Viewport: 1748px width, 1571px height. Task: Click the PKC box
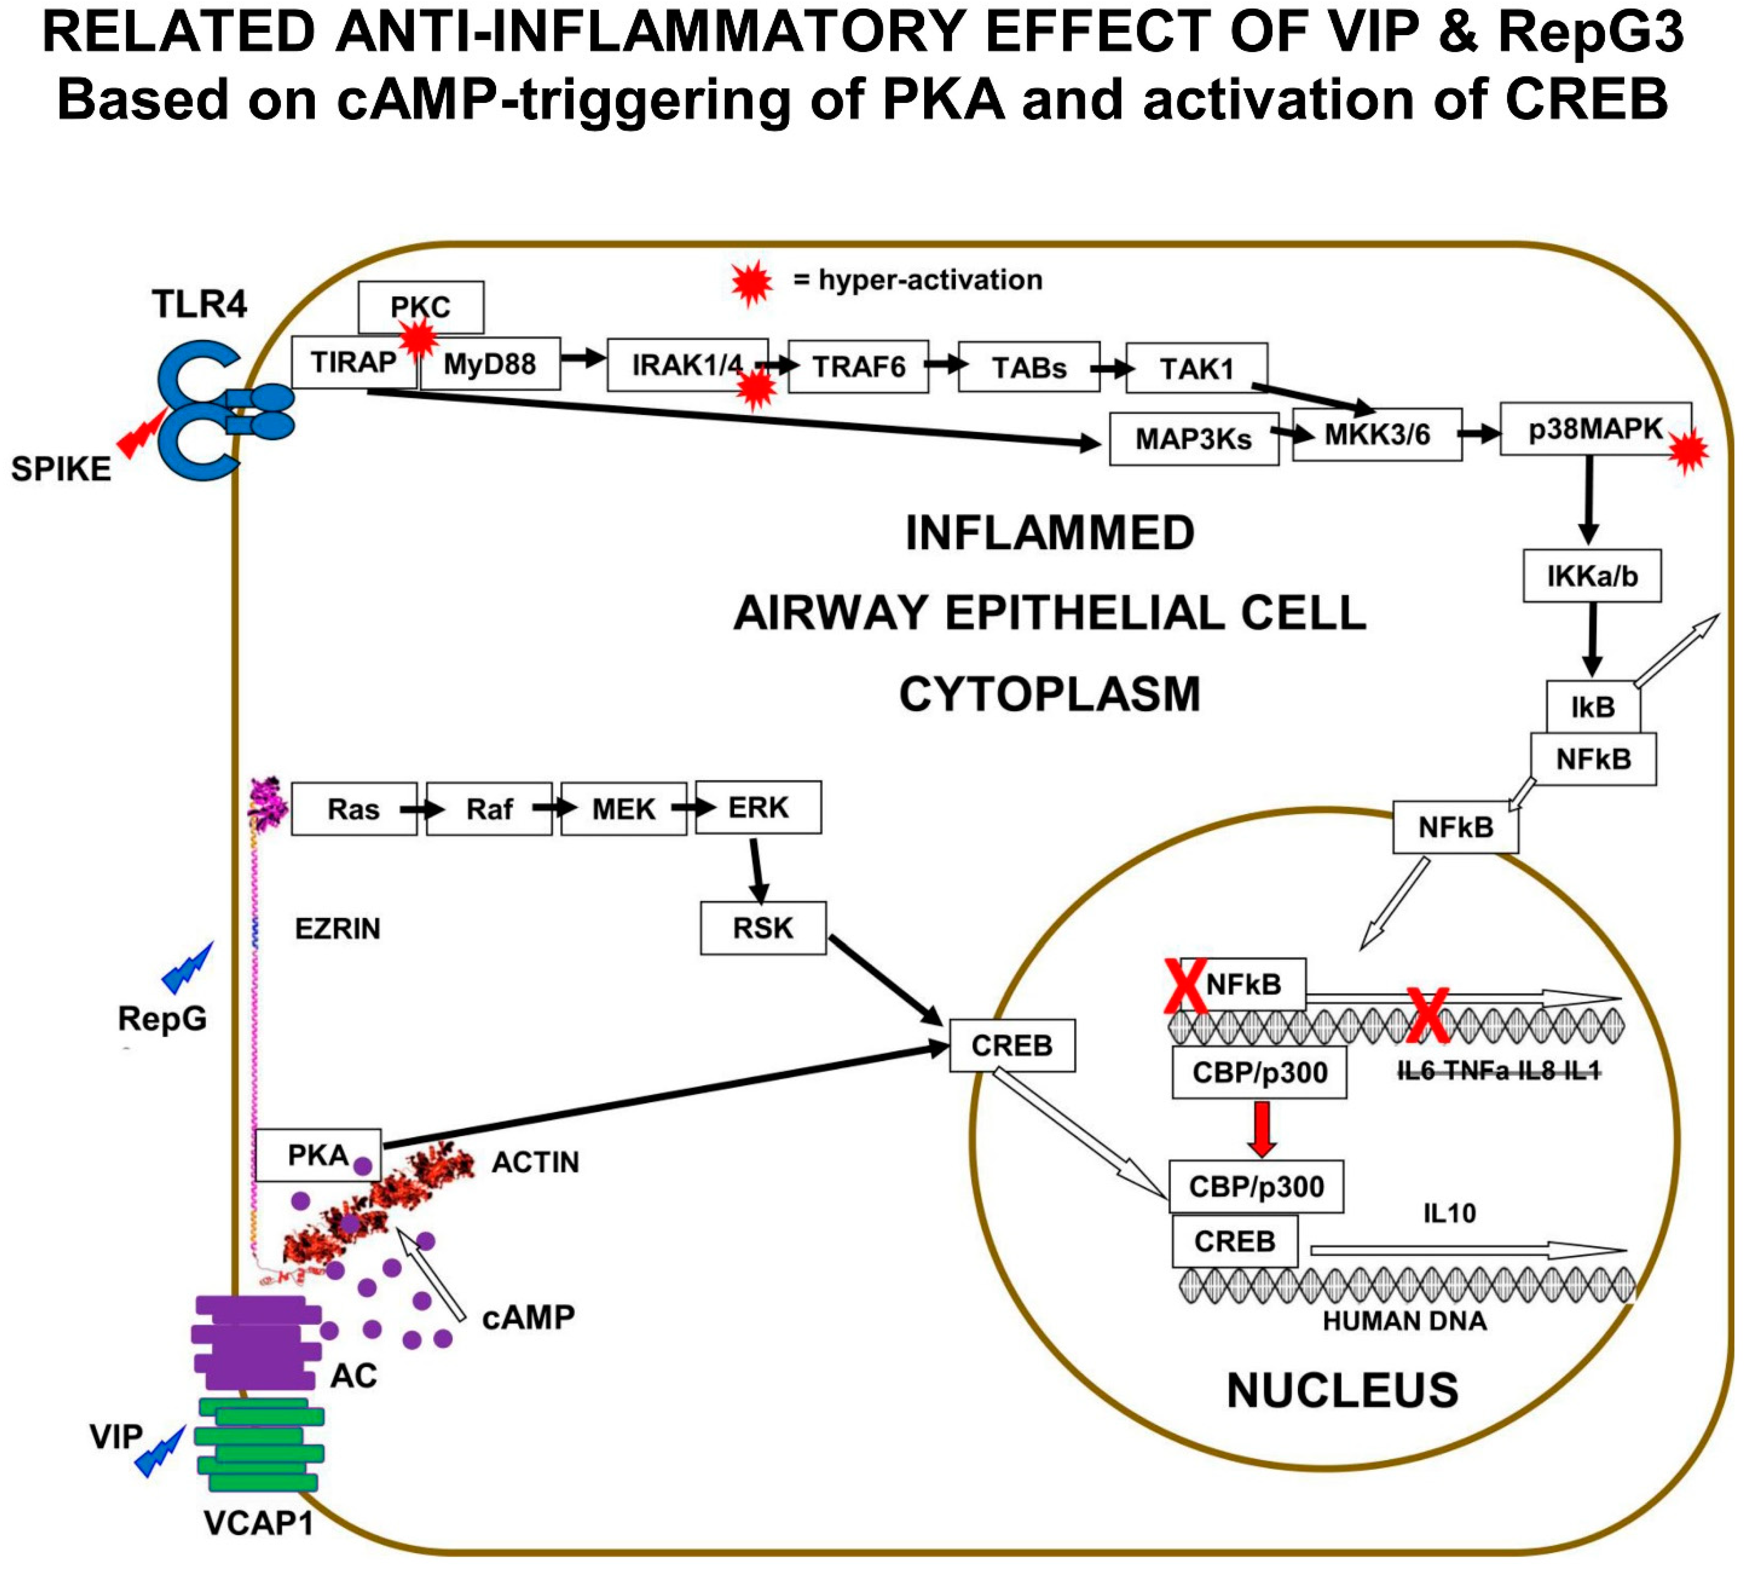[420, 306]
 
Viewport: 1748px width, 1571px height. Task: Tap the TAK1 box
[1196, 368]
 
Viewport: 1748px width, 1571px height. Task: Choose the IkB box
[1593, 707]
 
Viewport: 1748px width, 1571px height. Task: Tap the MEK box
[623, 809]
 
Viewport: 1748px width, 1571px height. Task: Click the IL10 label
[1449, 1213]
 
